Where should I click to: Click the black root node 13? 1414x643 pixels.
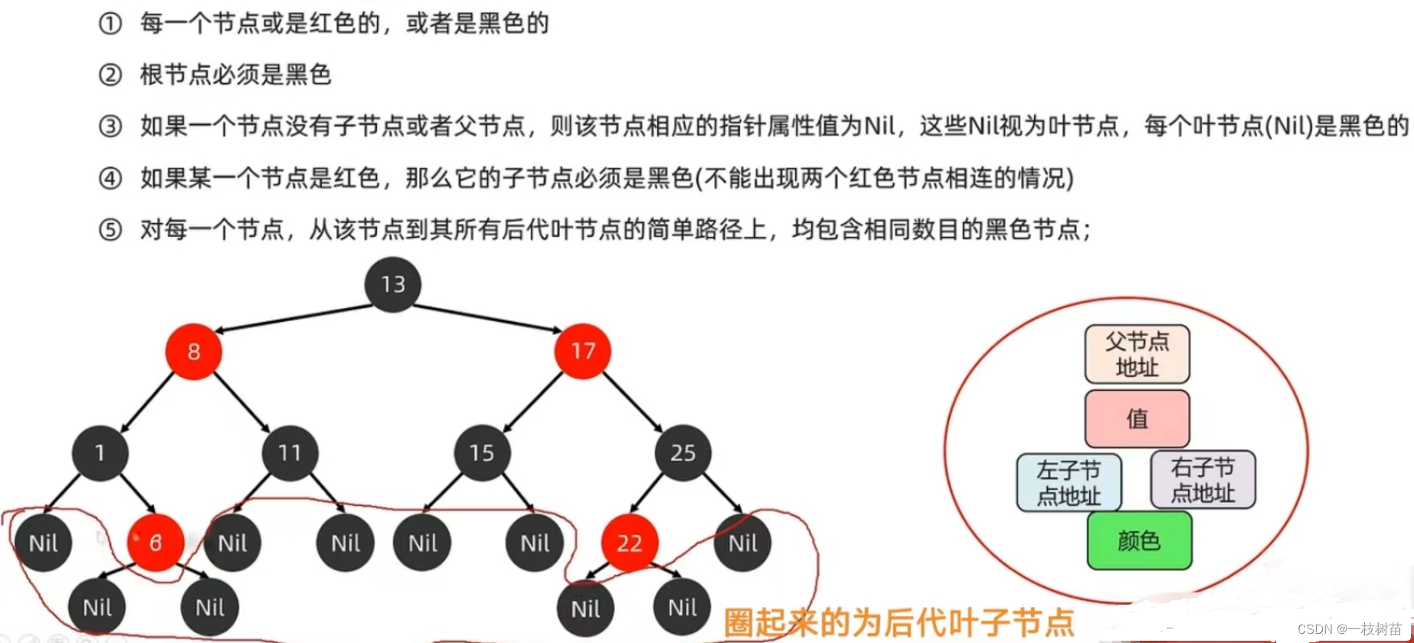[x=393, y=284]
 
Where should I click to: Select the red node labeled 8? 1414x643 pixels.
[x=194, y=352]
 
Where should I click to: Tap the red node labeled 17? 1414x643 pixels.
[x=583, y=351]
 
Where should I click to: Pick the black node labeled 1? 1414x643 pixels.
[x=100, y=453]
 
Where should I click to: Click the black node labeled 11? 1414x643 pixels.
[x=290, y=453]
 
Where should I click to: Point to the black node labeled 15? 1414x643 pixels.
[x=482, y=453]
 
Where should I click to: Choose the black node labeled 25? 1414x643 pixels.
[x=682, y=453]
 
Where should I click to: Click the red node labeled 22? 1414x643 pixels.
[x=630, y=543]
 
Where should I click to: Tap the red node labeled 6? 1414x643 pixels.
[x=155, y=543]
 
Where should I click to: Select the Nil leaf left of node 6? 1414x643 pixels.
[x=44, y=543]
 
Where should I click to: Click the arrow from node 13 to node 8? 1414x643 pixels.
[x=294, y=318]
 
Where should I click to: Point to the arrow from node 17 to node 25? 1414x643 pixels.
[x=632, y=402]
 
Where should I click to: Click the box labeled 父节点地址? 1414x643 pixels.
[x=1137, y=354]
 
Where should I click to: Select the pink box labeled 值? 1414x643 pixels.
[x=1137, y=418]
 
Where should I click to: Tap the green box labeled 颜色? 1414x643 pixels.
[x=1139, y=541]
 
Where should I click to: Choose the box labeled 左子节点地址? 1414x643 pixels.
[x=1069, y=482]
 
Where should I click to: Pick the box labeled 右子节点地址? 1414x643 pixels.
[x=1203, y=480]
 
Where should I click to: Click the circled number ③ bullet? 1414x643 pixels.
[x=110, y=126]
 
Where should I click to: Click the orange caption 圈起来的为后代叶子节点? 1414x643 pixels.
[x=898, y=622]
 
